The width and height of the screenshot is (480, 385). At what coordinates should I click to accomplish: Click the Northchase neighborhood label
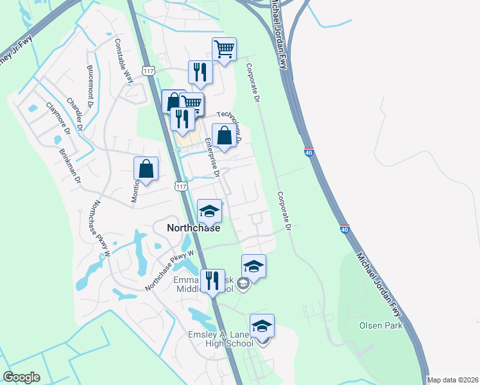[x=193, y=228]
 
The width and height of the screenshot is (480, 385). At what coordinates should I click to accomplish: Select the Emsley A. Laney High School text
[x=221, y=337]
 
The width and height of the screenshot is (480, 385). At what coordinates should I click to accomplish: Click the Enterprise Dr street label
[x=212, y=157]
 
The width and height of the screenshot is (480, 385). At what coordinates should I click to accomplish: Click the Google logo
[x=22, y=377]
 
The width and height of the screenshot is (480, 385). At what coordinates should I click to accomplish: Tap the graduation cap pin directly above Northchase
[x=209, y=211]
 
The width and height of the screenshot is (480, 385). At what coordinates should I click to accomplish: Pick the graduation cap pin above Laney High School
[x=262, y=326]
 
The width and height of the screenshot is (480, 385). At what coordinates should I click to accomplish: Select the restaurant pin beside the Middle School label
[x=212, y=280]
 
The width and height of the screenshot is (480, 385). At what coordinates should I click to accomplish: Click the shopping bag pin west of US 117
[x=146, y=169]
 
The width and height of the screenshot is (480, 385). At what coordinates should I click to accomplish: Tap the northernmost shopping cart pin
[x=224, y=49]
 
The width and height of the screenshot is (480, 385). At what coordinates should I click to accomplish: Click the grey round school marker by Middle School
[x=243, y=284]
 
